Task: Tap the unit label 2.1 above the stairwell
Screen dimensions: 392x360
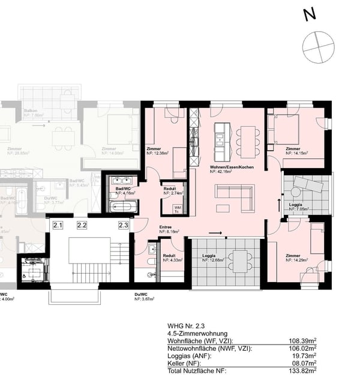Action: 58,225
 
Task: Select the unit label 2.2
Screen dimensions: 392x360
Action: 82,225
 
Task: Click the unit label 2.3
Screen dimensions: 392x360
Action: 124,225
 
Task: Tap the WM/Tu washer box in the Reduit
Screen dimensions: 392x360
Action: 177,209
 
